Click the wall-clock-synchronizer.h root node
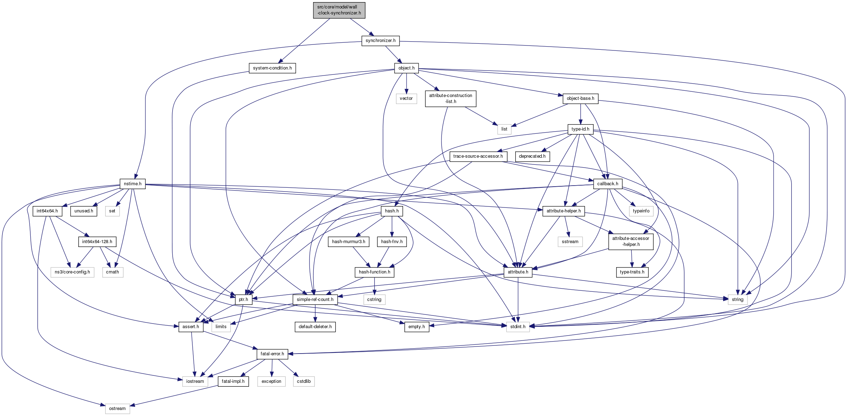(339, 10)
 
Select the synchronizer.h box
(380, 41)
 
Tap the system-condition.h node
(272, 68)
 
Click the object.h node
(406, 68)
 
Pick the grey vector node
(406, 98)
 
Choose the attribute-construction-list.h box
(450, 98)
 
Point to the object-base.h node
(580, 98)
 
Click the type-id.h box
(580, 129)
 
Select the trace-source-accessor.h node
(478, 156)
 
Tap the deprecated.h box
(532, 156)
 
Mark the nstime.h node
(132, 184)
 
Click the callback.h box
(607, 184)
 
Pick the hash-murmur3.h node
(348, 242)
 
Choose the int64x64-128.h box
(97, 242)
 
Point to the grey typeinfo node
(641, 211)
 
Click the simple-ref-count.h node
(315, 300)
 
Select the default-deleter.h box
(315, 327)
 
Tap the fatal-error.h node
(272, 354)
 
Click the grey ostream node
(117, 409)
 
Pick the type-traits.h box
(632, 272)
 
